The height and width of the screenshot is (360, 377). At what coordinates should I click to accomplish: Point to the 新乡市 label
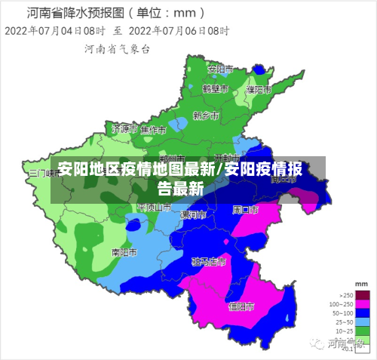[x=205, y=115]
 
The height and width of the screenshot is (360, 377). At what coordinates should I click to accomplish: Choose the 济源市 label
[x=124, y=129]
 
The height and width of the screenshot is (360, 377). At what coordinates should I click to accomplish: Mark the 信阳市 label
[x=241, y=306]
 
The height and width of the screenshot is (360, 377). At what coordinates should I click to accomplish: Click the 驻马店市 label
[x=208, y=262]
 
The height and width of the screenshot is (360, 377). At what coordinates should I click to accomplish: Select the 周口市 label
[x=246, y=208]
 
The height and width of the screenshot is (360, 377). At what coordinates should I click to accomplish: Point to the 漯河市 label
[x=192, y=215]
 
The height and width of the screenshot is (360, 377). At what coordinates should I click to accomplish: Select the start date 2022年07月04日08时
[x=54, y=31]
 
